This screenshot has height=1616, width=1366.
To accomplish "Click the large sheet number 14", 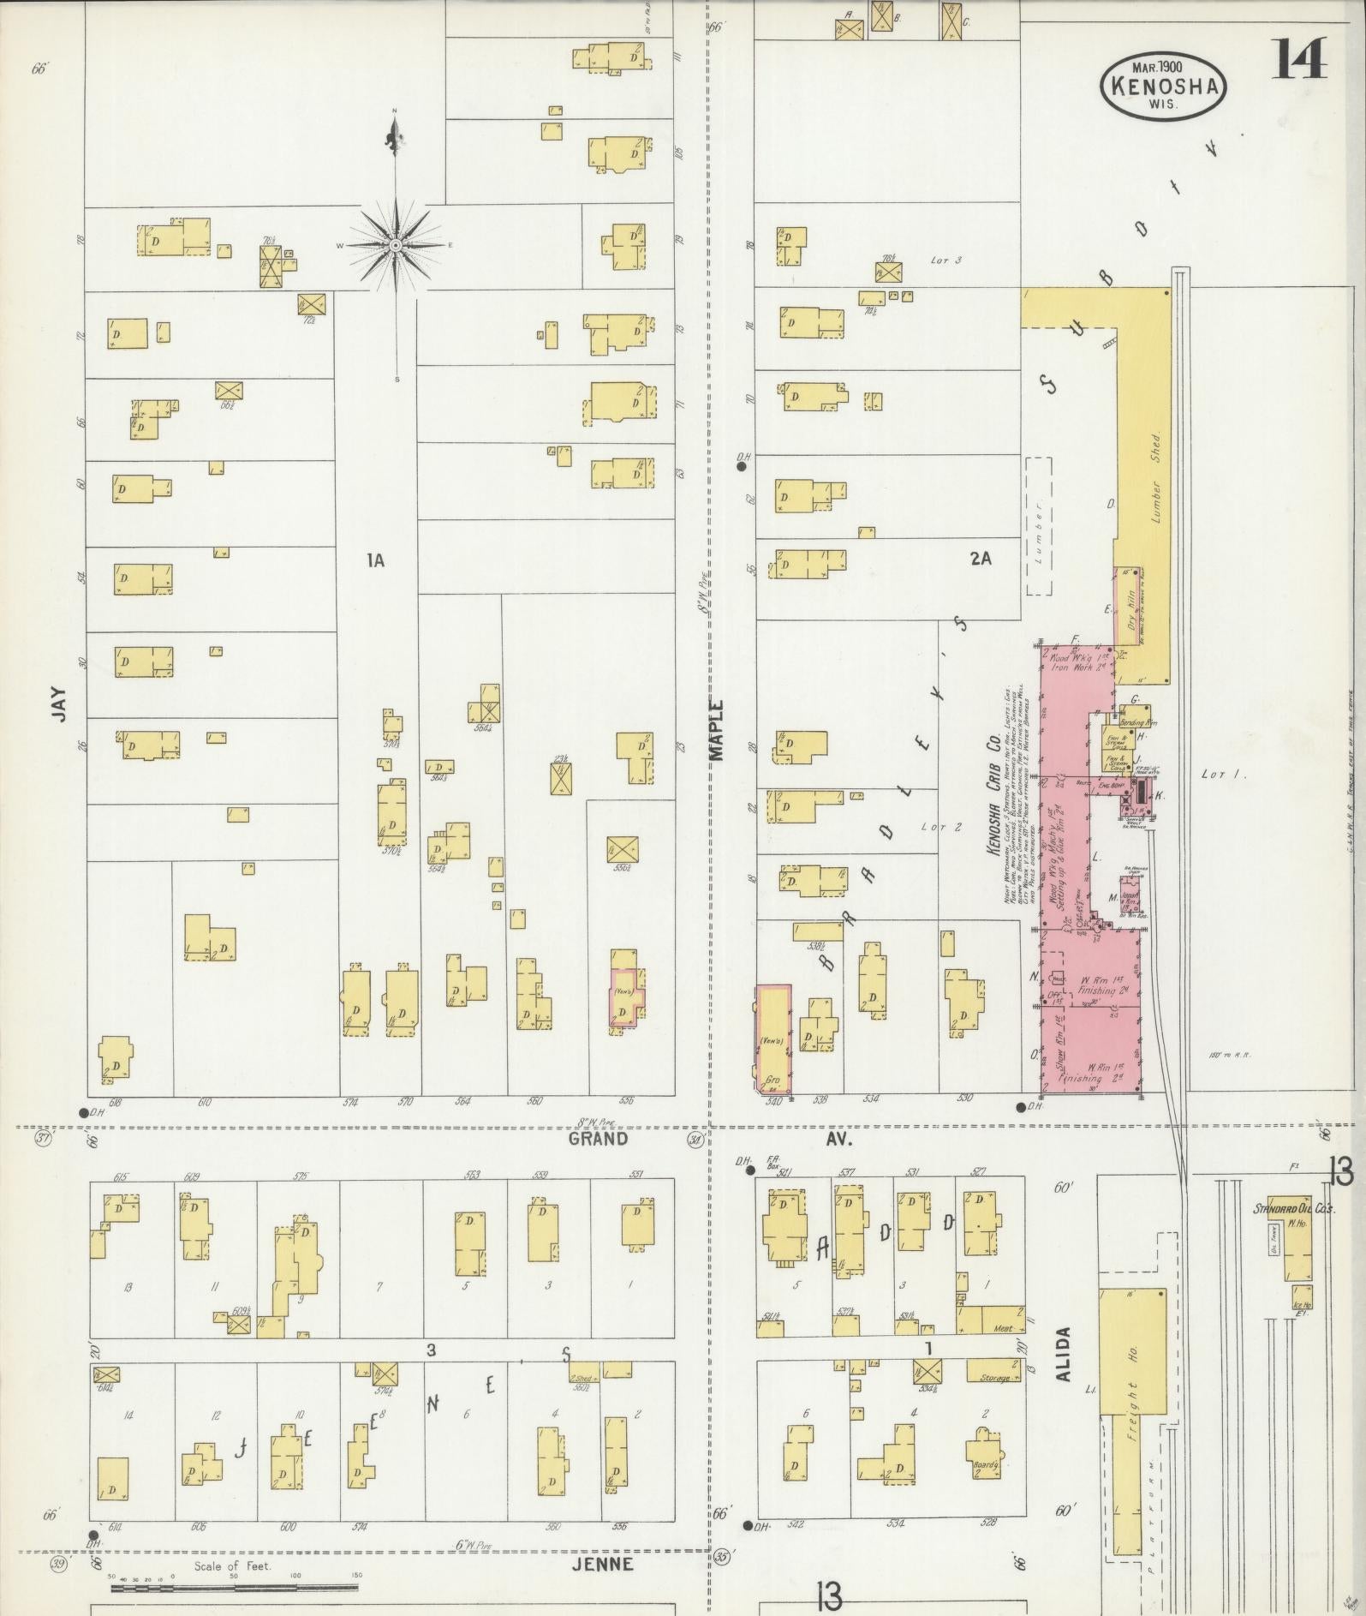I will coord(1299,58).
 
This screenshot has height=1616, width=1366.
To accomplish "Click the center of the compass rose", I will coord(396,246).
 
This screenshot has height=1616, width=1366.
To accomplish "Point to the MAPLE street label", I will coord(716,730).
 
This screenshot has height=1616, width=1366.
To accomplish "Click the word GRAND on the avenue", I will coord(599,1139).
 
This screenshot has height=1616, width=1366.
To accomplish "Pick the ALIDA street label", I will coord(1064,1378).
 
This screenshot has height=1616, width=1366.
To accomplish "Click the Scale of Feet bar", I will coord(233,1587).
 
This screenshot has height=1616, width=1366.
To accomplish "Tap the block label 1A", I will coord(375,560).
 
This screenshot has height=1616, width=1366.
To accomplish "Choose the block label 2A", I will coord(980,559).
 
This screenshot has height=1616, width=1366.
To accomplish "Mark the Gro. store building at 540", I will coord(772,1039).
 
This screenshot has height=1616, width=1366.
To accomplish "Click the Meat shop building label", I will coord(1002,1329).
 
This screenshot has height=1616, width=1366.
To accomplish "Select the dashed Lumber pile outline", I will coord(1038,525).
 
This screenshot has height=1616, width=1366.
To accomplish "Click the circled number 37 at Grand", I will coord(42,1138).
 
